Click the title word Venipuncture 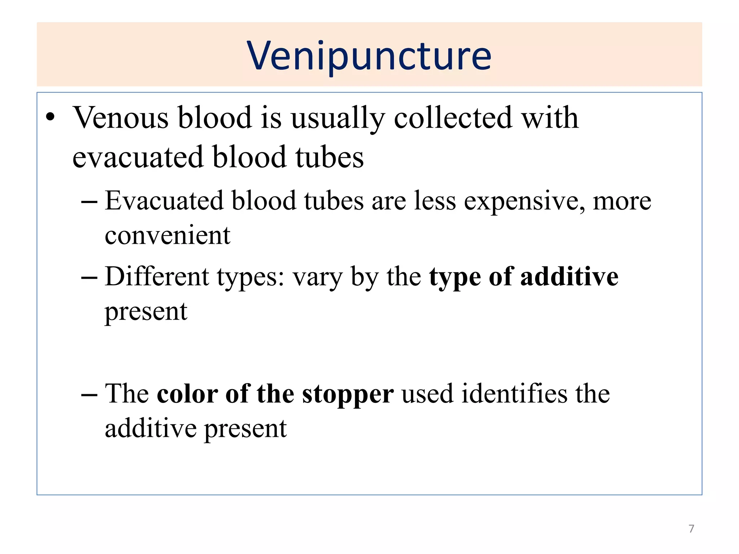[x=369, y=56]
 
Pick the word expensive [x=524, y=201]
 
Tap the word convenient [x=167, y=236]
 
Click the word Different [x=157, y=277]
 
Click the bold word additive [x=569, y=277]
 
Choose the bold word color [x=187, y=393]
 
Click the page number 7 [x=691, y=529]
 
